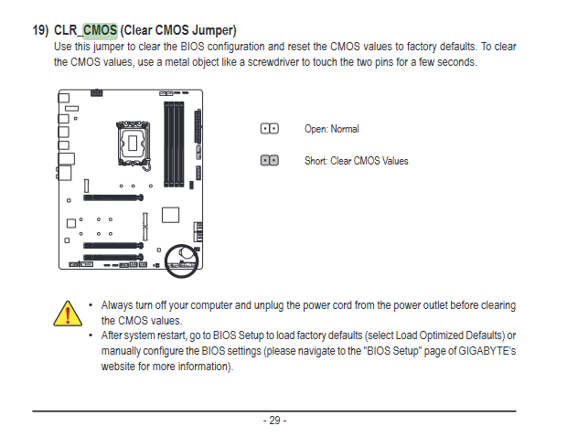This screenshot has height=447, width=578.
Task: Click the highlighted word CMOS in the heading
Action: pyautogui.click(x=101, y=30)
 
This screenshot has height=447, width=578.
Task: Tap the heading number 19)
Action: pyautogui.click(x=40, y=30)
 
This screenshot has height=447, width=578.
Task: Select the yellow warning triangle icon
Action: pyautogui.click(x=68, y=314)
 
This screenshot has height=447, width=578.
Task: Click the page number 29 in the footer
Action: pyautogui.click(x=274, y=420)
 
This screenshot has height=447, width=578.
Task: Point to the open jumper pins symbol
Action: pyautogui.click(x=270, y=129)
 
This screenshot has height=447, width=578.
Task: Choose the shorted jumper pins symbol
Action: pyautogui.click(x=270, y=161)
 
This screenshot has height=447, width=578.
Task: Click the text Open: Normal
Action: pyautogui.click(x=331, y=129)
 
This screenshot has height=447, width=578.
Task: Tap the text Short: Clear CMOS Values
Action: pyautogui.click(x=357, y=161)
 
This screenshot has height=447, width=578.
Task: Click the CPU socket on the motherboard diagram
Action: pyautogui.click(x=134, y=144)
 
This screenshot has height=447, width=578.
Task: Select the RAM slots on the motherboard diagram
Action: pyautogui.click(x=174, y=144)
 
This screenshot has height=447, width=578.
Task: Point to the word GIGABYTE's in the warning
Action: pyautogui.click(x=487, y=351)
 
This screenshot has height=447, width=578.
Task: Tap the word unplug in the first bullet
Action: pyautogui.click(x=269, y=305)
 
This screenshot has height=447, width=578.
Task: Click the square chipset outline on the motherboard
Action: pyautogui.click(x=171, y=215)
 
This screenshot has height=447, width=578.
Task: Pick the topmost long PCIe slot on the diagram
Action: pyautogui.click(x=113, y=197)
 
